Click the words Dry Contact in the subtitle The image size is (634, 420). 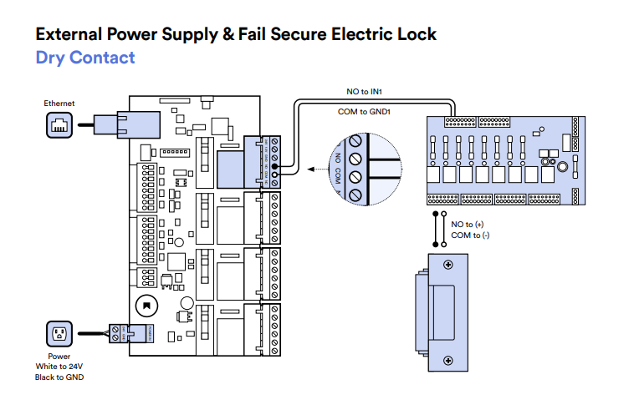[84, 58]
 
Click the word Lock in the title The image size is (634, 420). [415, 34]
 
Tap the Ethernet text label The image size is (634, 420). [59, 103]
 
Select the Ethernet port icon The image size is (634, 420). [59, 125]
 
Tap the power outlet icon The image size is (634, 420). [59, 335]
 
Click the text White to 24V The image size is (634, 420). [59, 367]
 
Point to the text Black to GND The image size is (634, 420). [59, 377]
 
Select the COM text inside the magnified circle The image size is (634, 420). [338, 177]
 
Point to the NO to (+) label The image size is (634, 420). [468, 225]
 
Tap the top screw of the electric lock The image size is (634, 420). [448, 265]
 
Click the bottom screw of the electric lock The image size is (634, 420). [448, 361]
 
